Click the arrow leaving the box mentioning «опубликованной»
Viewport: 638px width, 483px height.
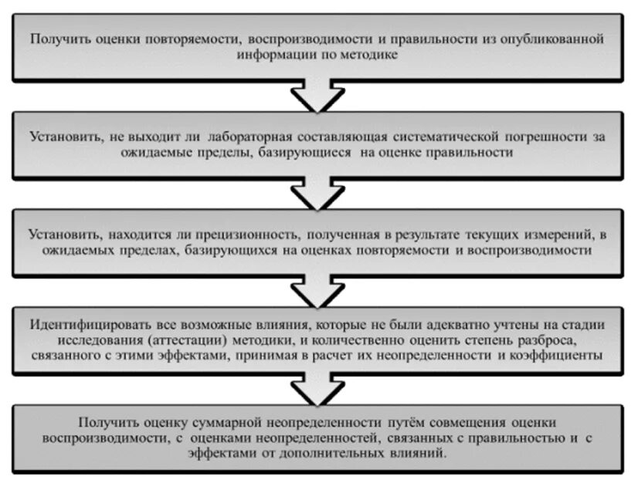pos(317,96)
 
